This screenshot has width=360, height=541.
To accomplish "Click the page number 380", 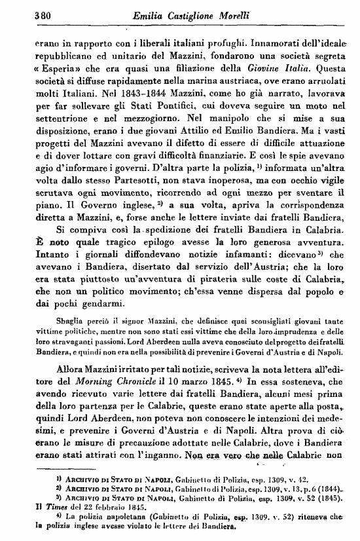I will [x=24, y=12].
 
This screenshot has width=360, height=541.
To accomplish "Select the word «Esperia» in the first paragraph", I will [x=39, y=67].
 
